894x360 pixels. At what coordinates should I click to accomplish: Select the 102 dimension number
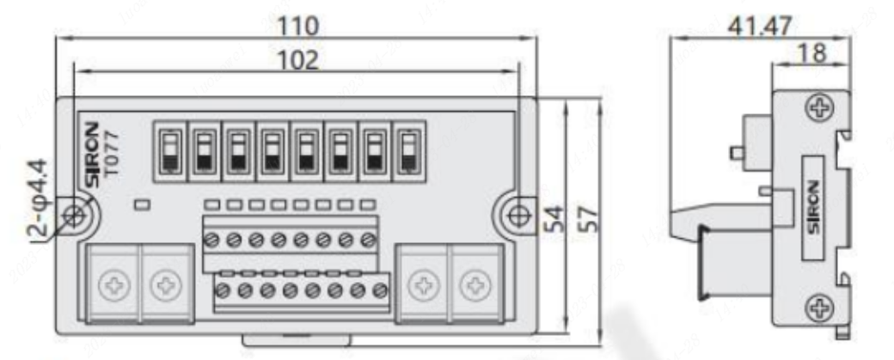pyautogui.click(x=296, y=60)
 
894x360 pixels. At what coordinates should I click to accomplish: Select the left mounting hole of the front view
pyautogui.click(x=77, y=216)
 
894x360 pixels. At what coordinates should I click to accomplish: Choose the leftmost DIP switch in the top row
pyautogui.click(x=169, y=149)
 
